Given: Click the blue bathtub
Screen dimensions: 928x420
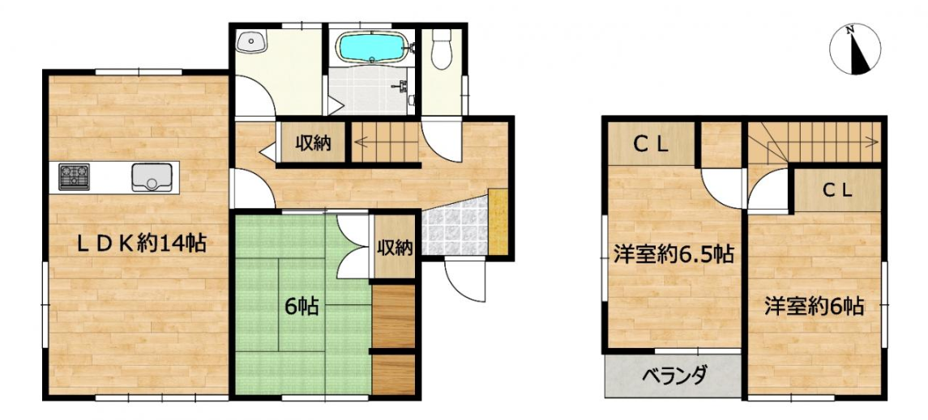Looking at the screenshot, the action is [x=372, y=47].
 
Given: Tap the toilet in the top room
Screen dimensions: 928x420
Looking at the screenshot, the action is [x=441, y=49].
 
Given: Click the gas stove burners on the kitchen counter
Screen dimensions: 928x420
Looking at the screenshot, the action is [x=74, y=176].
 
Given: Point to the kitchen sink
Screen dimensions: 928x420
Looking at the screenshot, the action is [x=152, y=177].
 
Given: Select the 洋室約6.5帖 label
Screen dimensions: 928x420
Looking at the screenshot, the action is [x=674, y=254].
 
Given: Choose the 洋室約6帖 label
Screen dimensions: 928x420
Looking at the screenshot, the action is [x=814, y=307].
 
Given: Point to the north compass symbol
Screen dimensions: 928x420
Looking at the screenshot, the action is [x=854, y=50].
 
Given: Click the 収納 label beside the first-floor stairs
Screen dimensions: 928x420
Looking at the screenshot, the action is [x=313, y=143].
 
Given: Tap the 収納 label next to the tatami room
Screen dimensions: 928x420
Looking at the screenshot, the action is [x=396, y=248].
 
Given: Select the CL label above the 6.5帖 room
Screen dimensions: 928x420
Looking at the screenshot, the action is [x=651, y=145].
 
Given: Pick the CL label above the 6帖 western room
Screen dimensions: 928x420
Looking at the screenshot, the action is [x=837, y=190].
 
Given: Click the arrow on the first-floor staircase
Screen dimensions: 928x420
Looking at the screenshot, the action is [x=385, y=141].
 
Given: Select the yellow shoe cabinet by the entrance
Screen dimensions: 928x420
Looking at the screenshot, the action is [x=498, y=222].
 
